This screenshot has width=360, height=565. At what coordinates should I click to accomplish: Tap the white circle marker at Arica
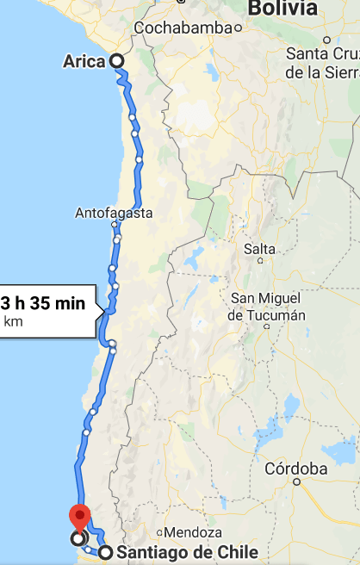point(115,61)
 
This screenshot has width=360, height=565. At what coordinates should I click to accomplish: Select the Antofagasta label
point(115,213)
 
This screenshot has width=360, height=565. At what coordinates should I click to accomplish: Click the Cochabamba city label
point(183,28)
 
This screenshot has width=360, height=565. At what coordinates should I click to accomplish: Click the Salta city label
point(260,250)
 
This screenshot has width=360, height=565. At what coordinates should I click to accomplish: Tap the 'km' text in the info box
point(14,322)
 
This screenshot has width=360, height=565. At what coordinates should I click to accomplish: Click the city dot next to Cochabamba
point(239,28)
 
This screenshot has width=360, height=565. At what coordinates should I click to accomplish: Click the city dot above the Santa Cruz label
point(327,40)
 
